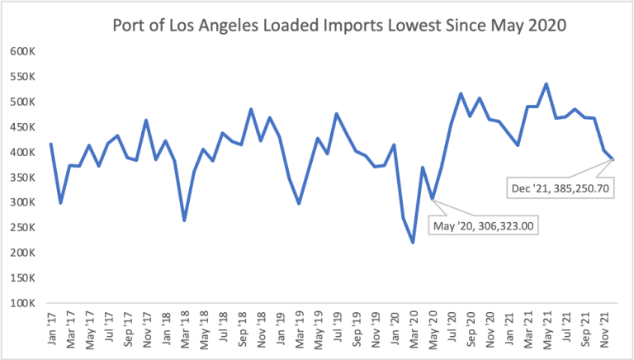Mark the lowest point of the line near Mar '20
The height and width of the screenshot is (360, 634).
click(x=413, y=243)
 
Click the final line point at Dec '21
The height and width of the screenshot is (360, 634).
click(x=613, y=159)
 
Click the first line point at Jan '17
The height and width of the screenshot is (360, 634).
click(x=51, y=144)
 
